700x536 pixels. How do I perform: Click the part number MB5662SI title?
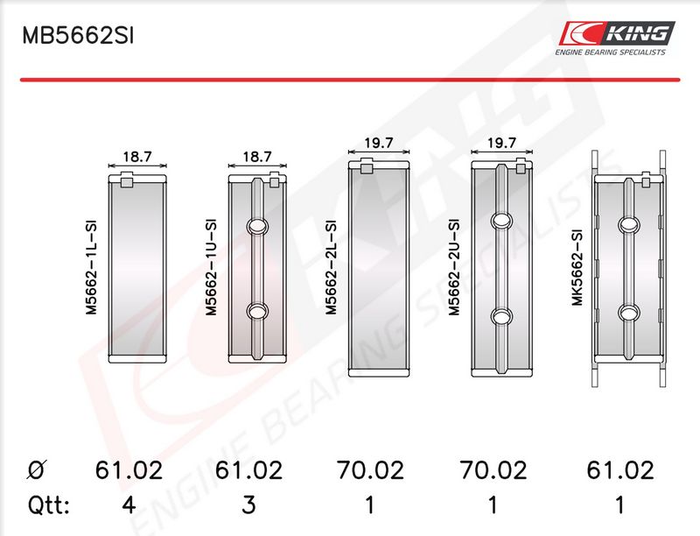[x=78, y=36]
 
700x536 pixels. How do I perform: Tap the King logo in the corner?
[x=617, y=39]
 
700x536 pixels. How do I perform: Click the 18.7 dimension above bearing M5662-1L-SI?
[x=137, y=157]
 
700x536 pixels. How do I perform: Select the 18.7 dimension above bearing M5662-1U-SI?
[x=257, y=157]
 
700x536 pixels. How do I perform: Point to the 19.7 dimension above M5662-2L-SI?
[x=379, y=143]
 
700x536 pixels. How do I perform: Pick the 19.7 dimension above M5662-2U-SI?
[x=501, y=143]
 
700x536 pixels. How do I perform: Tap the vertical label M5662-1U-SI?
[x=211, y=266]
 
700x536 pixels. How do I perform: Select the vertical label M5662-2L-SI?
[x=332, y=266]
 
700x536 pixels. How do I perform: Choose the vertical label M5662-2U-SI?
[x=454, y=266]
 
